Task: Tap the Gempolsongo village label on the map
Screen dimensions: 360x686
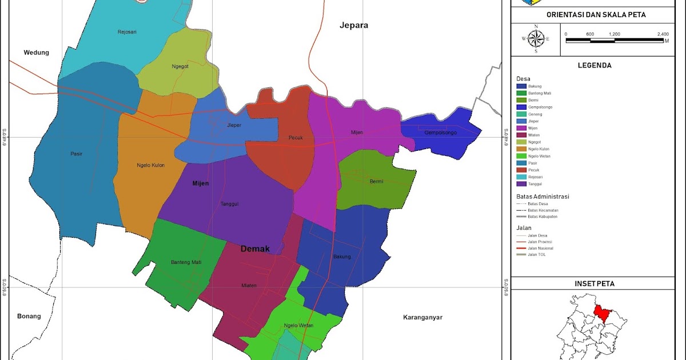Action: [440, 133]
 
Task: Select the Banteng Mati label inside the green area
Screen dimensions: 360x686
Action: [186, 262]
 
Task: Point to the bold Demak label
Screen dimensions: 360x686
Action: [255, 249]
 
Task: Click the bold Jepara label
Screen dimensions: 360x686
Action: [354, 25]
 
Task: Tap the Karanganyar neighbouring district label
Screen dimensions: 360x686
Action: [422, 317]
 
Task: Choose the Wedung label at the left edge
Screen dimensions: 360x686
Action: [36, 53]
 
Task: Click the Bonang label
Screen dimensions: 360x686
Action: [29, 316]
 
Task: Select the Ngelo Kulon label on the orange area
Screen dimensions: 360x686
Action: [151, 165]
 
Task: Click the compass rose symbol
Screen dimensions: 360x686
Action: [536, 39]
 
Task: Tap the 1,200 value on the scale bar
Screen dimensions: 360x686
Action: [615, 34]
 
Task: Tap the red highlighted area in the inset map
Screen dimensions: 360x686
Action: [600, 312]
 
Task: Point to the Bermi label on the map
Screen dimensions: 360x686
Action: [376, 181]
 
